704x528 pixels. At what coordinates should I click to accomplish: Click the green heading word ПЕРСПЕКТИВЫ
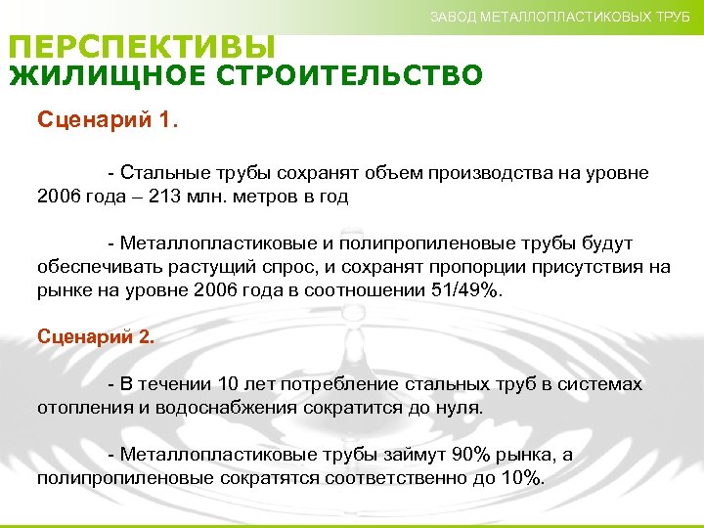click(143, 47)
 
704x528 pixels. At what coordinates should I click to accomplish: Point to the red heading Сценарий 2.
click(95, 336)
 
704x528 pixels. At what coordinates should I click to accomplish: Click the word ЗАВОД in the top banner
click(453, 17)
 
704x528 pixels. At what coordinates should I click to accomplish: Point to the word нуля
click(460, 408)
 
